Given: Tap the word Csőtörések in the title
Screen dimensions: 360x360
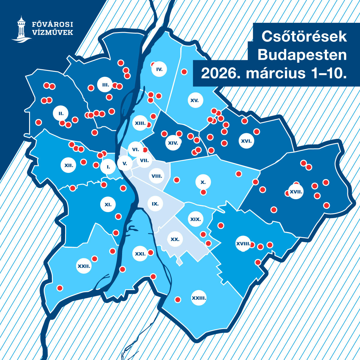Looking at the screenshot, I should point(304,37).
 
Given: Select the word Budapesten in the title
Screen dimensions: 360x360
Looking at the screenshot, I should point(302,55).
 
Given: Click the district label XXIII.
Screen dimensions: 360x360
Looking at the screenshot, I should point(199,298).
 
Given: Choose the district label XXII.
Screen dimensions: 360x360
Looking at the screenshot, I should point(84,266).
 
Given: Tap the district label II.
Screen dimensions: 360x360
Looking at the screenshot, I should point(61,113).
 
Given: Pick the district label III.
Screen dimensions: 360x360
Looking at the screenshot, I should point(105,85).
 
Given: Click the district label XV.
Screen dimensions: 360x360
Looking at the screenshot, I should point(195,100).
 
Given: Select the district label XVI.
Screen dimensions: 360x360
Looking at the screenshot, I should point(246,140).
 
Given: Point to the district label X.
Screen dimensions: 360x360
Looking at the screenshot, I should point(203,182).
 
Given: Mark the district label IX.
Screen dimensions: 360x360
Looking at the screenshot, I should point(155,204).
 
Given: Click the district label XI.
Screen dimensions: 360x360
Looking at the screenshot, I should point(108,205).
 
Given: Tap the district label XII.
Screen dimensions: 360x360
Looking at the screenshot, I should point(69,165).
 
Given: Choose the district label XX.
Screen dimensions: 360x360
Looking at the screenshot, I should point(175,239).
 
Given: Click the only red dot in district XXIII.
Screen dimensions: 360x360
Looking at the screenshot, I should point(178,299).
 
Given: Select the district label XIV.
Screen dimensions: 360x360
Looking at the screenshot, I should point(173,143).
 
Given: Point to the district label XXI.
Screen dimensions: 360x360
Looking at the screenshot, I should point(140,253).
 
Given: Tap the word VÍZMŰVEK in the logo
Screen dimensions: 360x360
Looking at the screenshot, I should point(52,32).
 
